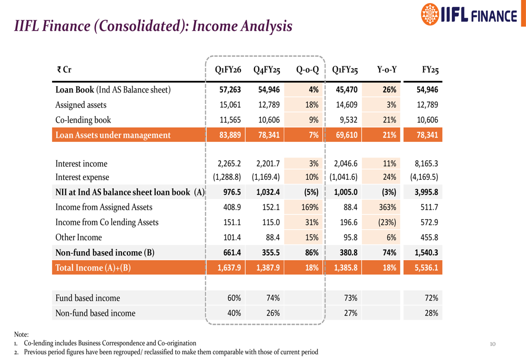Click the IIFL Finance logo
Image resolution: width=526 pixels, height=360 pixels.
click(470, 15)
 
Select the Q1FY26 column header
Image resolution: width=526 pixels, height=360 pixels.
click(228, 70)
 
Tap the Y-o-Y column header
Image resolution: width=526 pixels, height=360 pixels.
click(387, 70)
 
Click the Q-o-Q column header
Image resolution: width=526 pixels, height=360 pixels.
click(307, 70)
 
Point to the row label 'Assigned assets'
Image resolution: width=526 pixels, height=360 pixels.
click(81, 105)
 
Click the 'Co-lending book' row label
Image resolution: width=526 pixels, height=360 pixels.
click(83, 120)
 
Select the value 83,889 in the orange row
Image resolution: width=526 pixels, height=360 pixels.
click(230, 135)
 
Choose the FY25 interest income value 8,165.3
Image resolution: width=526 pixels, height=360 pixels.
click(426, 163)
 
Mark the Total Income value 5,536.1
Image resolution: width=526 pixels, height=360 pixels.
click(426, 268)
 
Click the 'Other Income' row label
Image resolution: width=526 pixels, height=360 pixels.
click(79, 238)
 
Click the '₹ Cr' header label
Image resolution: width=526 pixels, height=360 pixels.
click(64, 70)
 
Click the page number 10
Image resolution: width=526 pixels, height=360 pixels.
click(492, 344)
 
